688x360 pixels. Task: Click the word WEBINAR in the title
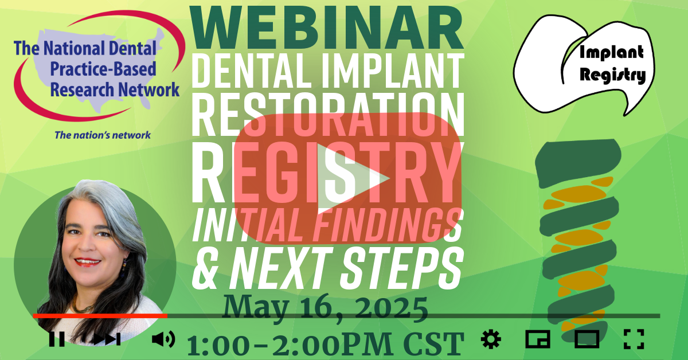pos(326,28)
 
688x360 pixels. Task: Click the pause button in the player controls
pos(57,339)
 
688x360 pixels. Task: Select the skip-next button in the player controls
pos(107,339)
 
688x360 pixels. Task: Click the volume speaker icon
pos(163,339)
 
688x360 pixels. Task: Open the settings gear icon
pos(491,339)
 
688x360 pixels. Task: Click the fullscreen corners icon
pos(634,339)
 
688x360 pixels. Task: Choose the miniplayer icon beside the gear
pos(538,339)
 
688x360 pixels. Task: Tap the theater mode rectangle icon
pos(587,339)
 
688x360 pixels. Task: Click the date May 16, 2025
pos(325,308)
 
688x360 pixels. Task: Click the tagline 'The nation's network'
pos(103,135)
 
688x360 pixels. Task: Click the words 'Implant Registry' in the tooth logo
pos(612,64)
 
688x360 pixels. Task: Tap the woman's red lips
pos(87,262)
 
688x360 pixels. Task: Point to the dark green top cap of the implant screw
pos(577,163)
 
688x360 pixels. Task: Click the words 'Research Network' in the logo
pos(115,89)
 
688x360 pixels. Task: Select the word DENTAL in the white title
pos(254,71)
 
